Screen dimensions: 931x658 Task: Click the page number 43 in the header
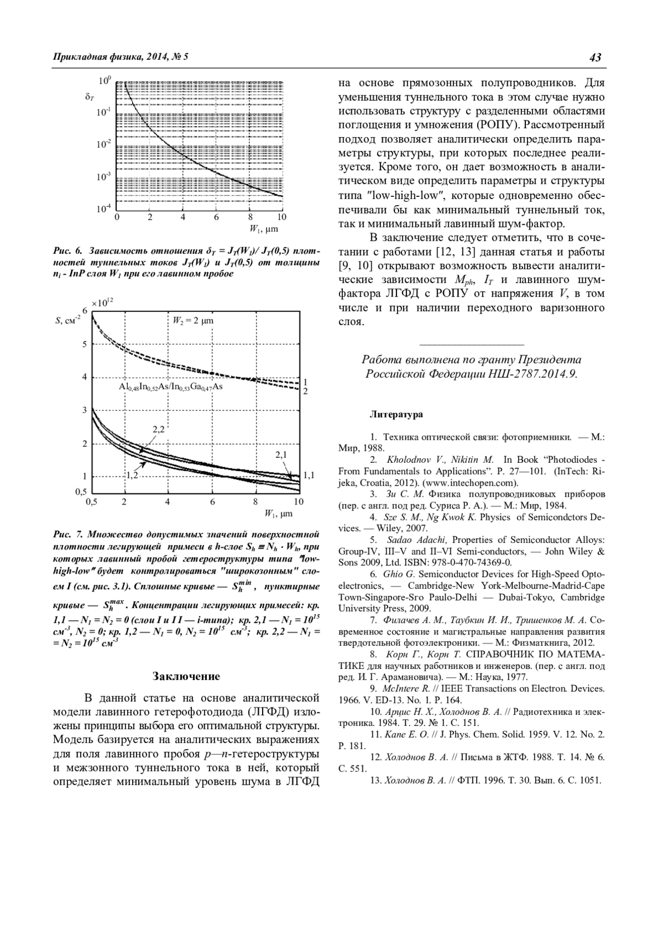596,57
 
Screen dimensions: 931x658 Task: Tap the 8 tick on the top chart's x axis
249,217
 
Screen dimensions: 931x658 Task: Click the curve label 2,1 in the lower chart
281,455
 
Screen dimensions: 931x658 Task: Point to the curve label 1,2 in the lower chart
132,475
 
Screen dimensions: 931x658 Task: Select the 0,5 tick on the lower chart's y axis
81,492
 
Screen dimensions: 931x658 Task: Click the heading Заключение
186,676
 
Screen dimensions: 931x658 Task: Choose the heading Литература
396,414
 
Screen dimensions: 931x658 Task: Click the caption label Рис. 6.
67,251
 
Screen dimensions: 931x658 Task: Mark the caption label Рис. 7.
67,534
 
